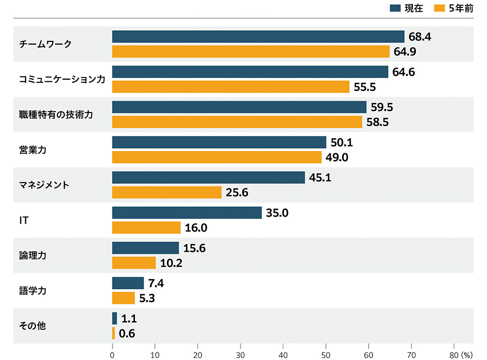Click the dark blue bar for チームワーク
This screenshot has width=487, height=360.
[x=258, y=37]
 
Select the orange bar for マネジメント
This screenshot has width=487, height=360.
[x=167, y=192]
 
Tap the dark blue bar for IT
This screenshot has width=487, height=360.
[x=187, y=212]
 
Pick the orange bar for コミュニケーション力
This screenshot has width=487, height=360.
[x=230, y=87]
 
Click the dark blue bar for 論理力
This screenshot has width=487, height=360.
[x=145, y=247]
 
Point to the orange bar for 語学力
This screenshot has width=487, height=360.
[x=123, y=298]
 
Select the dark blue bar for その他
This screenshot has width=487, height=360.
[x=114, y=318]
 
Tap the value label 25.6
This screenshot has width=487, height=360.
[x=237, y=192]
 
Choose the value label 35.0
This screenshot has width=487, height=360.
[x=277, y=212]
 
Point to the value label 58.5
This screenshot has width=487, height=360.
[x=377, y=122]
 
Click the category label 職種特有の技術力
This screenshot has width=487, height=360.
[x=55, y=114]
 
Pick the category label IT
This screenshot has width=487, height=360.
[x=23, y=220]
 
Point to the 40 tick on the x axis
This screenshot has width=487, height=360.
[x=283, y=354]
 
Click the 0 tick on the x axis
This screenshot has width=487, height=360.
[x=112, y=354]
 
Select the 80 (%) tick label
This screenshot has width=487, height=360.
[x=460, y=354]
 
